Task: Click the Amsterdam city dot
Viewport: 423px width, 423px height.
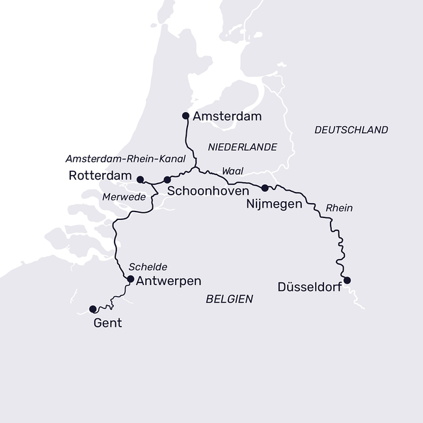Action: pyautogui.click(x=185, y=116)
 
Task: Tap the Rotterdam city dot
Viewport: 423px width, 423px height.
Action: pyautogui.click(x=140, y=179)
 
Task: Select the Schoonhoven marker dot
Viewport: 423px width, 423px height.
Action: pyautogui.click(x=167, y=180)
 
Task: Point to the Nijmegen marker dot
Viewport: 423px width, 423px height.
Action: pyautogui.click(x=265, y=188)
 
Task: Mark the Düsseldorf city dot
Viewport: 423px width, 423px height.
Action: pyautogui.click(x=347, y=280)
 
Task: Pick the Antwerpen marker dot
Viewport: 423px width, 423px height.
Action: pyautogui.click(x=130, y=279)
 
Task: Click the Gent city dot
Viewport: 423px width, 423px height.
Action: pyautogui.click(x=92, y=309)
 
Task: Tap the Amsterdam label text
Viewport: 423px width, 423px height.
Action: pyautogui.click(x=227, y=117)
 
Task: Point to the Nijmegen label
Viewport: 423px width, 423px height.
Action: pyautogui.click(x=274, y=204)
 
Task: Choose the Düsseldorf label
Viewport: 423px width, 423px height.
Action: pyautogui.click(x=309, y=286)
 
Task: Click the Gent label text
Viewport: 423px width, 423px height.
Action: pyautogui.click(x=107, y=323)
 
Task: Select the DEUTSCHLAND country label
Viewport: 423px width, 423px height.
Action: pyautogui.click(x=351, y=130)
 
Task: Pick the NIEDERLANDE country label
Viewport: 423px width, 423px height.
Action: pyautogui.click(x=242, y=147)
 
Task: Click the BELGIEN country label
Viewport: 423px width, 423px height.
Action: pyautogui.click(x=229, y=299)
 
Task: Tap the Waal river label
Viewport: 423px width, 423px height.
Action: pyautogui.click(x=232, y=170)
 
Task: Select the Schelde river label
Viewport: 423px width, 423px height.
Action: pyautogui.click(x=148, y=267)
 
